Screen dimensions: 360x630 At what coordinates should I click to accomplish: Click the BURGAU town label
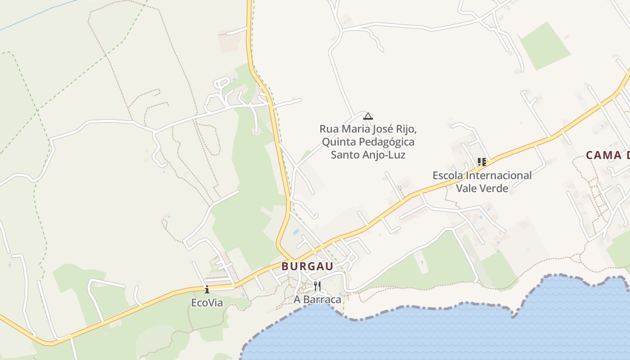coord(308,266)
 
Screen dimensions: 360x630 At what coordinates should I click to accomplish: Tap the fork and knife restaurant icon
coord(317,286)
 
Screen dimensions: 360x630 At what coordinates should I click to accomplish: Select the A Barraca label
coord(317,299)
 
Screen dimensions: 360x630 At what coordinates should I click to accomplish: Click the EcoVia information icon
coord(207,289)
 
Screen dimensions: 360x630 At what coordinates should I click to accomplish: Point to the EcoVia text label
coord(207,303)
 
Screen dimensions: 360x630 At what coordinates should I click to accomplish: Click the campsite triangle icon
coord(368,116)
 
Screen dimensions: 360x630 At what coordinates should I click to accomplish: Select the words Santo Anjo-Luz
coord(368,155)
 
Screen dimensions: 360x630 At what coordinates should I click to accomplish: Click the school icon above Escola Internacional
coord(482,162)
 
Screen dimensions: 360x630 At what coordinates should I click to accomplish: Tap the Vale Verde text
coord(482,188)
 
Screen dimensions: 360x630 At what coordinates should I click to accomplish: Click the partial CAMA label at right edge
coord(607,156)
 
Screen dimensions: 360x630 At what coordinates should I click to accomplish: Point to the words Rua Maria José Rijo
coord(368,129)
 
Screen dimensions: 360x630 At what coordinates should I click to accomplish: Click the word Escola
coord(448,175)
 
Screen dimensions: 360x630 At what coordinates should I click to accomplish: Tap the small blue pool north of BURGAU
coord(296,231)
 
